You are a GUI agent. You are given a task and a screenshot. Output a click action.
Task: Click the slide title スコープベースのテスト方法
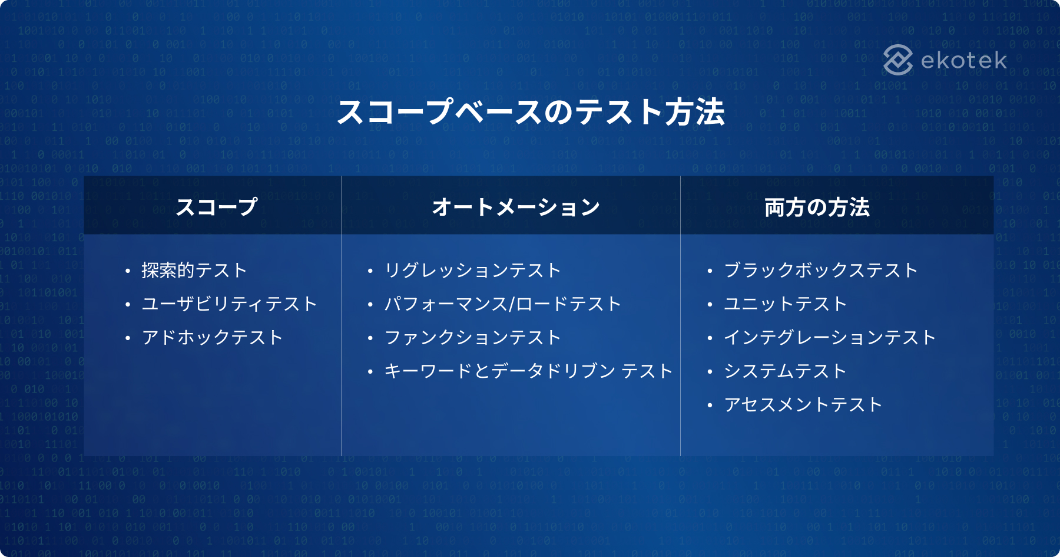click(531, 112)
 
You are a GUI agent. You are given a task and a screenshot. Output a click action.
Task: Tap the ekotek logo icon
click(898, 60)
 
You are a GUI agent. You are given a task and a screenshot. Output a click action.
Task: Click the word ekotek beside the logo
click(964, 61)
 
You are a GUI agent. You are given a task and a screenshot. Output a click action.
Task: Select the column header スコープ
click(217, 207)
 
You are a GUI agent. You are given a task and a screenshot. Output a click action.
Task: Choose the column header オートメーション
click(516, 207)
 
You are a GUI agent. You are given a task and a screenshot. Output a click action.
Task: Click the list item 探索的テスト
click(194, 270)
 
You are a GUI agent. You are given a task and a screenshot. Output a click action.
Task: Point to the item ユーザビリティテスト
click(230, 304)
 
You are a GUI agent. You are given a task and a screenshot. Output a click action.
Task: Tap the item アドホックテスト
click(213, 337)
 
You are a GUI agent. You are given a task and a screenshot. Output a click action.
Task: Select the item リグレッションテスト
click(473, 270)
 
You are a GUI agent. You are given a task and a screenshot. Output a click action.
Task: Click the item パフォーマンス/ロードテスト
click(503, 304)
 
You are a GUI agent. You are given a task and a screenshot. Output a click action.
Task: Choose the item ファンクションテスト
click(473, 337)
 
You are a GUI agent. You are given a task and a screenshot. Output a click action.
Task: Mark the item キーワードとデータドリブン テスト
click(529, 371)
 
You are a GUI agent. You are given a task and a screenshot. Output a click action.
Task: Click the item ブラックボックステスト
click(821, 270)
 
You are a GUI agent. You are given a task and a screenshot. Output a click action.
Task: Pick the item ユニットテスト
click(786, 304)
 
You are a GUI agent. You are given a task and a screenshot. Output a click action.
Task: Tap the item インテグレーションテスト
click(830, 337)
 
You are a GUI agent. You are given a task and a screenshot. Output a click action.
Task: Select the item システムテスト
click(786, 371)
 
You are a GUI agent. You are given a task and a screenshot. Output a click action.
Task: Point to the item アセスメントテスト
click(803, 404)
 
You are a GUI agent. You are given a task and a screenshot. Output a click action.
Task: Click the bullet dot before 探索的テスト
click(127, 271)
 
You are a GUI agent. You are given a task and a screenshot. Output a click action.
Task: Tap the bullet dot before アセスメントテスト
click(710, 406)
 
